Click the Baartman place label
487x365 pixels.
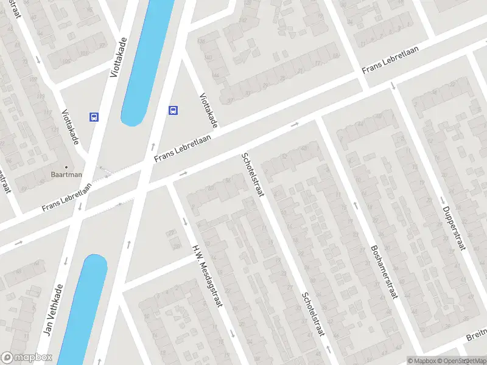[66, 174]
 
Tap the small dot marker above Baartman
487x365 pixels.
[66, 166]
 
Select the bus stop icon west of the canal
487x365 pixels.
[94, 116]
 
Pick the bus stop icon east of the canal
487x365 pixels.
[173, 110]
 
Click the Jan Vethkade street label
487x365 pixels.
[54, 310]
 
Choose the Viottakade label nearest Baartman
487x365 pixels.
[71, 127]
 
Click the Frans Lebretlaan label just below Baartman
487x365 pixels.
[67, 197]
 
